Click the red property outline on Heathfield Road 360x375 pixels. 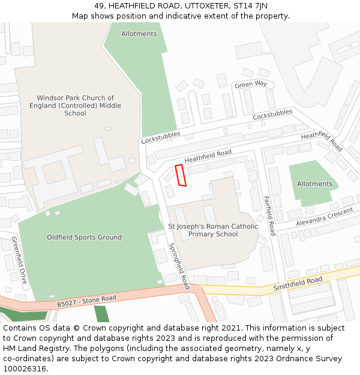coord(181,175)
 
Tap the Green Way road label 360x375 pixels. coord(251,85)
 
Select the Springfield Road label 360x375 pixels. coord(179,266)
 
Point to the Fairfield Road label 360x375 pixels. coord(269,215)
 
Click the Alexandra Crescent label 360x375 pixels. coord(325,217)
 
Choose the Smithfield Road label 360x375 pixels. coord(298,283)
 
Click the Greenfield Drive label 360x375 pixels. coord(19,260)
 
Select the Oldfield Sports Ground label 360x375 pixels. coord(84,238)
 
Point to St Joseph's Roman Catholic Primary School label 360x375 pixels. coord(213,230)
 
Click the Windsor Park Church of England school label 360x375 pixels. coord(75,106)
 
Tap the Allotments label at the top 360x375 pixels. coord(139,34)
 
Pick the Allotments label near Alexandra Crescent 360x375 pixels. coord(314,184)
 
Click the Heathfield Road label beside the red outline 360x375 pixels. coord(208,157)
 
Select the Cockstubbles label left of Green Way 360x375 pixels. coord(160,137)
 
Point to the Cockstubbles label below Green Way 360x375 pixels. coord(272,114)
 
